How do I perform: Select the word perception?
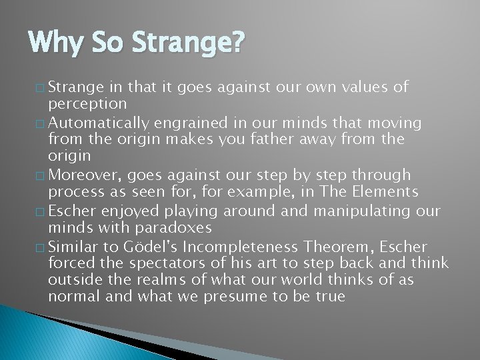[87, 104]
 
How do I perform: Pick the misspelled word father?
[248, 140]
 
